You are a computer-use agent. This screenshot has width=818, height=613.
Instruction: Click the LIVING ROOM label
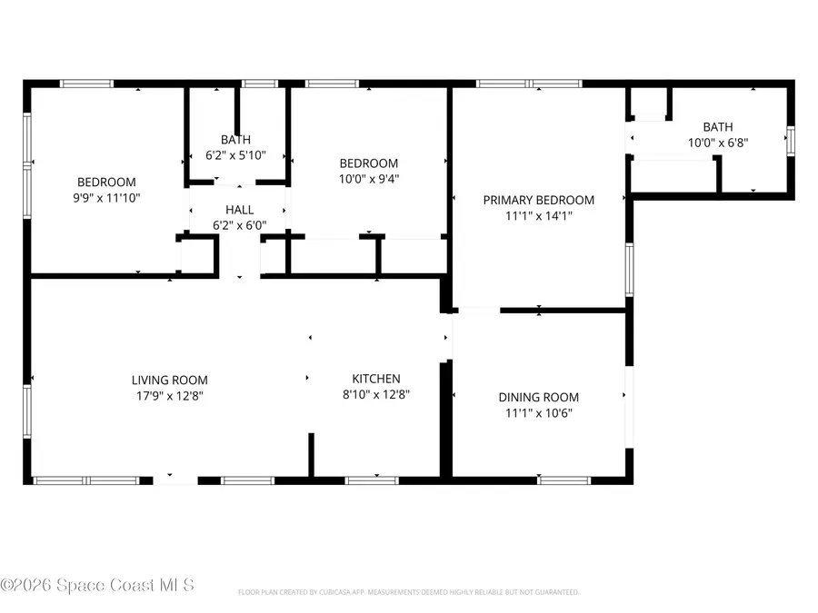pyautogui.click(x=169, y=380)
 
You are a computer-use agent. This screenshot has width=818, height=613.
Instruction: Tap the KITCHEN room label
pyautogui.click(x=376, y=379)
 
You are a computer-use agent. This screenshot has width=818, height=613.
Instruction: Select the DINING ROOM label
pyautogui.click(x=538, y=397)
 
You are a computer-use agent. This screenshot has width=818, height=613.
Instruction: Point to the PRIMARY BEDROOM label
pyautogui.click(x=538, y=200)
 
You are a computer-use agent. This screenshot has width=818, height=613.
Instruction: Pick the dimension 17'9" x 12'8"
pyautogui.click(x=169, y=395)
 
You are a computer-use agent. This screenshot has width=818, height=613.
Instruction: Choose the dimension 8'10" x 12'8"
pyautogui.click(x=376, y=394)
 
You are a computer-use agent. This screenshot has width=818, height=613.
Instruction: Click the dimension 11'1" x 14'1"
pyautogui.click(x=538, y=215)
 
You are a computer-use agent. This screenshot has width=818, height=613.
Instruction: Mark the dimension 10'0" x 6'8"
pyautogui.click(x=717, y=143)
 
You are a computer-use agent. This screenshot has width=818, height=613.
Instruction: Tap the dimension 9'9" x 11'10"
pyautogui.click(x=106, y=197)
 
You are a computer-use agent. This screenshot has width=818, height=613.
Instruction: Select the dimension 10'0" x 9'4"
pyautogui.click(x=368, y=179)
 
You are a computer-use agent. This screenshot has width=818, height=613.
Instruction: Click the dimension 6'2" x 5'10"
pyautogui.click(x=235, y=155)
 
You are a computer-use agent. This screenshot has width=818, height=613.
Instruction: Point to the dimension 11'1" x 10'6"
pyautogui.click(x=538, y=412)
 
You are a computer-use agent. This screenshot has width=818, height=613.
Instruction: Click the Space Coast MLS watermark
pyautogui.click(x=97, y=586)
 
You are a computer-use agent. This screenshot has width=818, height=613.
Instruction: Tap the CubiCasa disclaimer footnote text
pyautogui.click(x=408, y=592)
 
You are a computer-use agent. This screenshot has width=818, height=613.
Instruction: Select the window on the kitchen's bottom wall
pyautogui.click(x=372, y=480)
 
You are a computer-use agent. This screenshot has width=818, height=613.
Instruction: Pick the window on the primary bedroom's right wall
pyautogui.click(x=629, y=270)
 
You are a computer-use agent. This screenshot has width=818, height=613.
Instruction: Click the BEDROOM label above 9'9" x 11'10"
pyautogui.click(x=106, y=182)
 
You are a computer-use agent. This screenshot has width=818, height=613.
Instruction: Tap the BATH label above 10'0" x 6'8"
pyautogui.click(x=717, y=127)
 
